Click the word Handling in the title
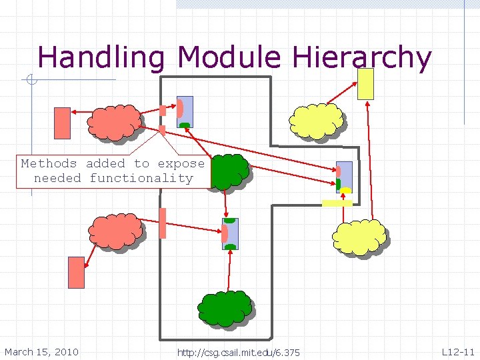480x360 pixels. click(101, 58)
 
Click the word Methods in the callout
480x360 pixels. click(49, 163)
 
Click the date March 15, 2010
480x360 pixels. click(41, 352)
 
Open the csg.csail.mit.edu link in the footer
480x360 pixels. click(238, 353)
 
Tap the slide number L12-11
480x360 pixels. click(458, 352)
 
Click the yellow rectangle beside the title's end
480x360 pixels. click(366, 84)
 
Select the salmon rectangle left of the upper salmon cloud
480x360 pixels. click(62, 123)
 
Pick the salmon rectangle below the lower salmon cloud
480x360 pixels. click(77, 272)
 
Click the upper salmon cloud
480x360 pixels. click(114, 123)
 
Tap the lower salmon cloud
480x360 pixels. click(116, 231)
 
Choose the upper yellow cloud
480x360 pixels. click(317, 121)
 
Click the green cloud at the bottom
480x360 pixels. click(225, 309)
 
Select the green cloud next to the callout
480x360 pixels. click(229, 171)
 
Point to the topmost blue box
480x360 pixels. click(185, 110)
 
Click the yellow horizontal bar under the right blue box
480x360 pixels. click(337, 203)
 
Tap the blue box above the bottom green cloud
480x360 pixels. click(231, 234)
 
